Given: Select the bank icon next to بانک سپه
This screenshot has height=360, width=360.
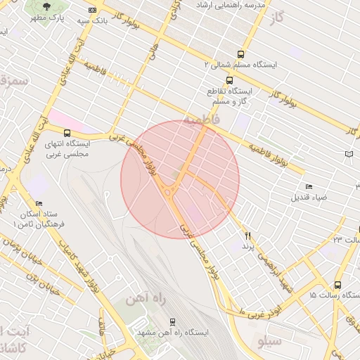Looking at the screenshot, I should click(x=93, y=11).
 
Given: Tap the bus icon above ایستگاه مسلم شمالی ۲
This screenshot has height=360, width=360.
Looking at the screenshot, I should click(x=241, y=53).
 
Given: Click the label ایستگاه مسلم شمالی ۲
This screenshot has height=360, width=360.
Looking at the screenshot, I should click(x=240, y=64).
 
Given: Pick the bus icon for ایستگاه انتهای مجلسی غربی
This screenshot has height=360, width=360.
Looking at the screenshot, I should click(x=67, y=133).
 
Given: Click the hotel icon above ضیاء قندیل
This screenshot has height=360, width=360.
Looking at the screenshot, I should click(x=309, y=186).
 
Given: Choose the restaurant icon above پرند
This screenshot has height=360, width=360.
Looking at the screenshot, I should click(x=247, y=236).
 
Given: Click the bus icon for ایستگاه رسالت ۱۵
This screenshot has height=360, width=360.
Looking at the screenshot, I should click(x=338, y=285).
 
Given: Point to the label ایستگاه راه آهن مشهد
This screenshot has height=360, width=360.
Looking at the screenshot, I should click(x=172, y=332).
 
